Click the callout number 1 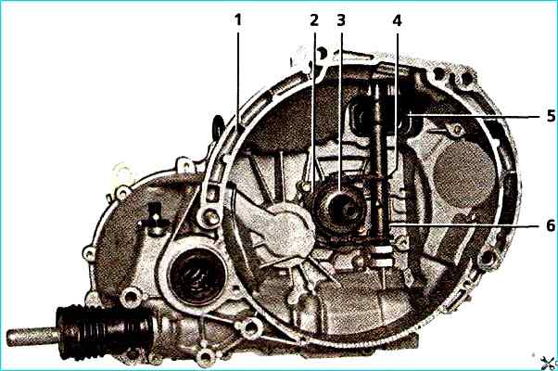point(237,19)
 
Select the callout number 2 point(314,19)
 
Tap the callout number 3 point(341,19)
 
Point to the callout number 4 point(397,20)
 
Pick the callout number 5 point(551,116)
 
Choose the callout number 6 point(551,225)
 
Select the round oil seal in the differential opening point(197,276)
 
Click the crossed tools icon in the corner point(549,363)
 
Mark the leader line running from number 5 point(476,115)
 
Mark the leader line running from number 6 point(467,225)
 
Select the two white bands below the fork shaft point(382,256)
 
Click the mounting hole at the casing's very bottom point(206,356)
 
